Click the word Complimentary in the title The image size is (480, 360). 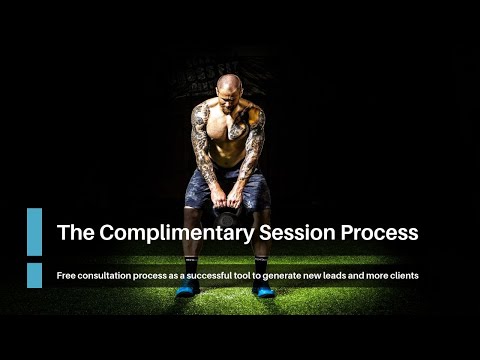coord(177,233)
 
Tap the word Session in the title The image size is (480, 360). coord(297,232)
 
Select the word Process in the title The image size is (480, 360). coord(379,232)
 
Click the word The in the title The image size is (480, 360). coord(76,232)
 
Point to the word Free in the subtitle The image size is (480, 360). coord(66,276)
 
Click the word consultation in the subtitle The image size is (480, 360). coord(104,276)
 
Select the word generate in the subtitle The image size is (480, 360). coord(284,276)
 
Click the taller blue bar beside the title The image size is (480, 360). coord(35,232)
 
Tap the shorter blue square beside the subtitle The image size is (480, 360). coord(35,275)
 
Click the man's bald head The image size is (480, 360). coord(229,83)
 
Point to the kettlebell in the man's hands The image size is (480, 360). coord(227,217)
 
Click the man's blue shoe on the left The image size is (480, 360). coord(188,289)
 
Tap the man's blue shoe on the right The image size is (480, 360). coord(263,289)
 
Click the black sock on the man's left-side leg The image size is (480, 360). coord(191,267)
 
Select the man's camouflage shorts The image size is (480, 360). coord(228,188)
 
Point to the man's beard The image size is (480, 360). coord(228,107)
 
